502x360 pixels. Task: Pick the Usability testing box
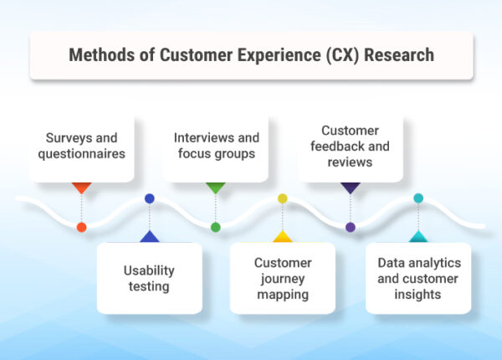150,279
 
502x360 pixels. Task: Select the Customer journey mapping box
283,279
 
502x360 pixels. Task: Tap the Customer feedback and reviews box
351,147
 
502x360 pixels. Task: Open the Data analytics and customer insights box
417,279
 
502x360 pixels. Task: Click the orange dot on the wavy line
81,227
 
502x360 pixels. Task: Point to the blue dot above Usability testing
150,198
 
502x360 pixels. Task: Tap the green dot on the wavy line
216,227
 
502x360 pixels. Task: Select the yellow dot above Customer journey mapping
283,198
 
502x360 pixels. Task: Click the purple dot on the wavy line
351,227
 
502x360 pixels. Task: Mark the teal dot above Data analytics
418,198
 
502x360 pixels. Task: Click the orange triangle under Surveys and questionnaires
81,188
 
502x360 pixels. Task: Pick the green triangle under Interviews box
216,188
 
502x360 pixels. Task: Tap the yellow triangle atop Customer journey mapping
283,238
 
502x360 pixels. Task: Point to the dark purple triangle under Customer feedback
351,188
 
